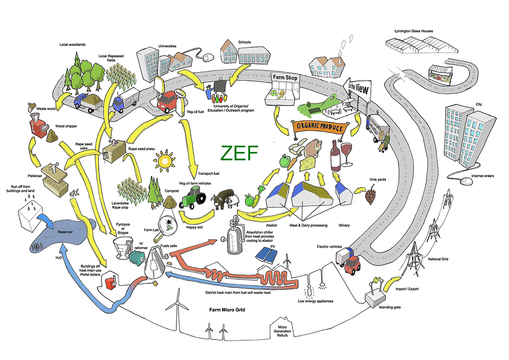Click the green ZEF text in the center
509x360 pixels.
pyautogui.click(x=238, y=153)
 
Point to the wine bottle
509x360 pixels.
pyautogui.click(x=336, y=155)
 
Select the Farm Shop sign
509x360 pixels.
pyautogui.click(x=285, y=78)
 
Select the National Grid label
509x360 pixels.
pyautogui.click(x=437, y=260)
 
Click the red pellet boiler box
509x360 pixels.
pyautogui.click(x=108, y=282)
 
